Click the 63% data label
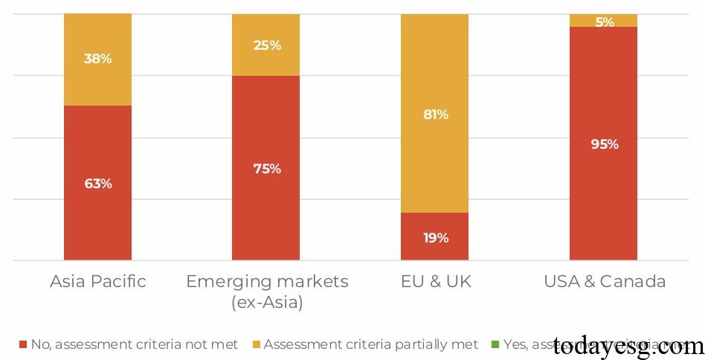97,183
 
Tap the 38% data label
97,58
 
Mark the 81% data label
435,115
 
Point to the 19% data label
435,238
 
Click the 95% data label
604,144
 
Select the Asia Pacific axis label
97,281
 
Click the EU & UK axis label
435,281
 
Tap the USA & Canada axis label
604,281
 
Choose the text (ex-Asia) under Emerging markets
266,303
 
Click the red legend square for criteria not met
22,344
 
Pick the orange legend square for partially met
257,344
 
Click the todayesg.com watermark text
628,346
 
